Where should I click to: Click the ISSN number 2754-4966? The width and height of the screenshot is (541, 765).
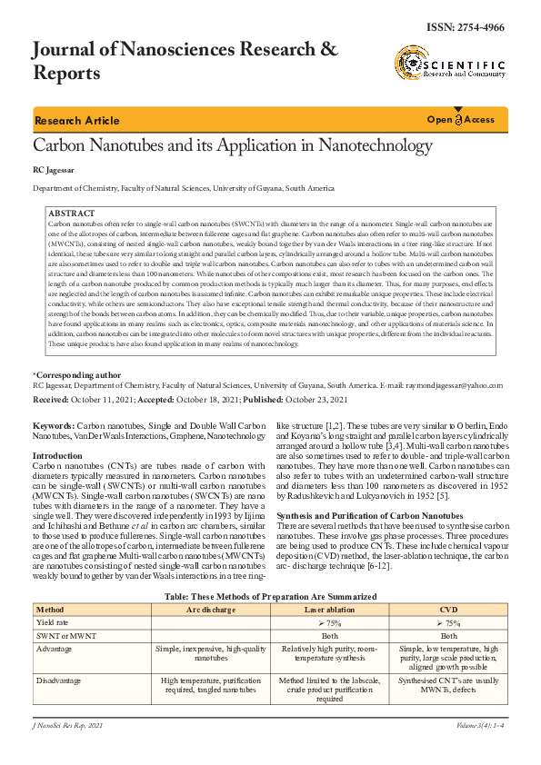[476, 27]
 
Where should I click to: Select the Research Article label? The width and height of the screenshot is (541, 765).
[76, 121]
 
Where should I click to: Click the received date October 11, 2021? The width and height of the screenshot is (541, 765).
[104, 399]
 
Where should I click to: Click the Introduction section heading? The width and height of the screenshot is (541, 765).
[57, 455]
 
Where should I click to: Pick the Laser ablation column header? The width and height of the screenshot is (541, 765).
[329, 609]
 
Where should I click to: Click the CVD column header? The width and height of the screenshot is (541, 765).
[448, 609]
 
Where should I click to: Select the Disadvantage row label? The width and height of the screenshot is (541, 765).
[57, 680]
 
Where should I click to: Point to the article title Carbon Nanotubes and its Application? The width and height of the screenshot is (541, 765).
[232, 145]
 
